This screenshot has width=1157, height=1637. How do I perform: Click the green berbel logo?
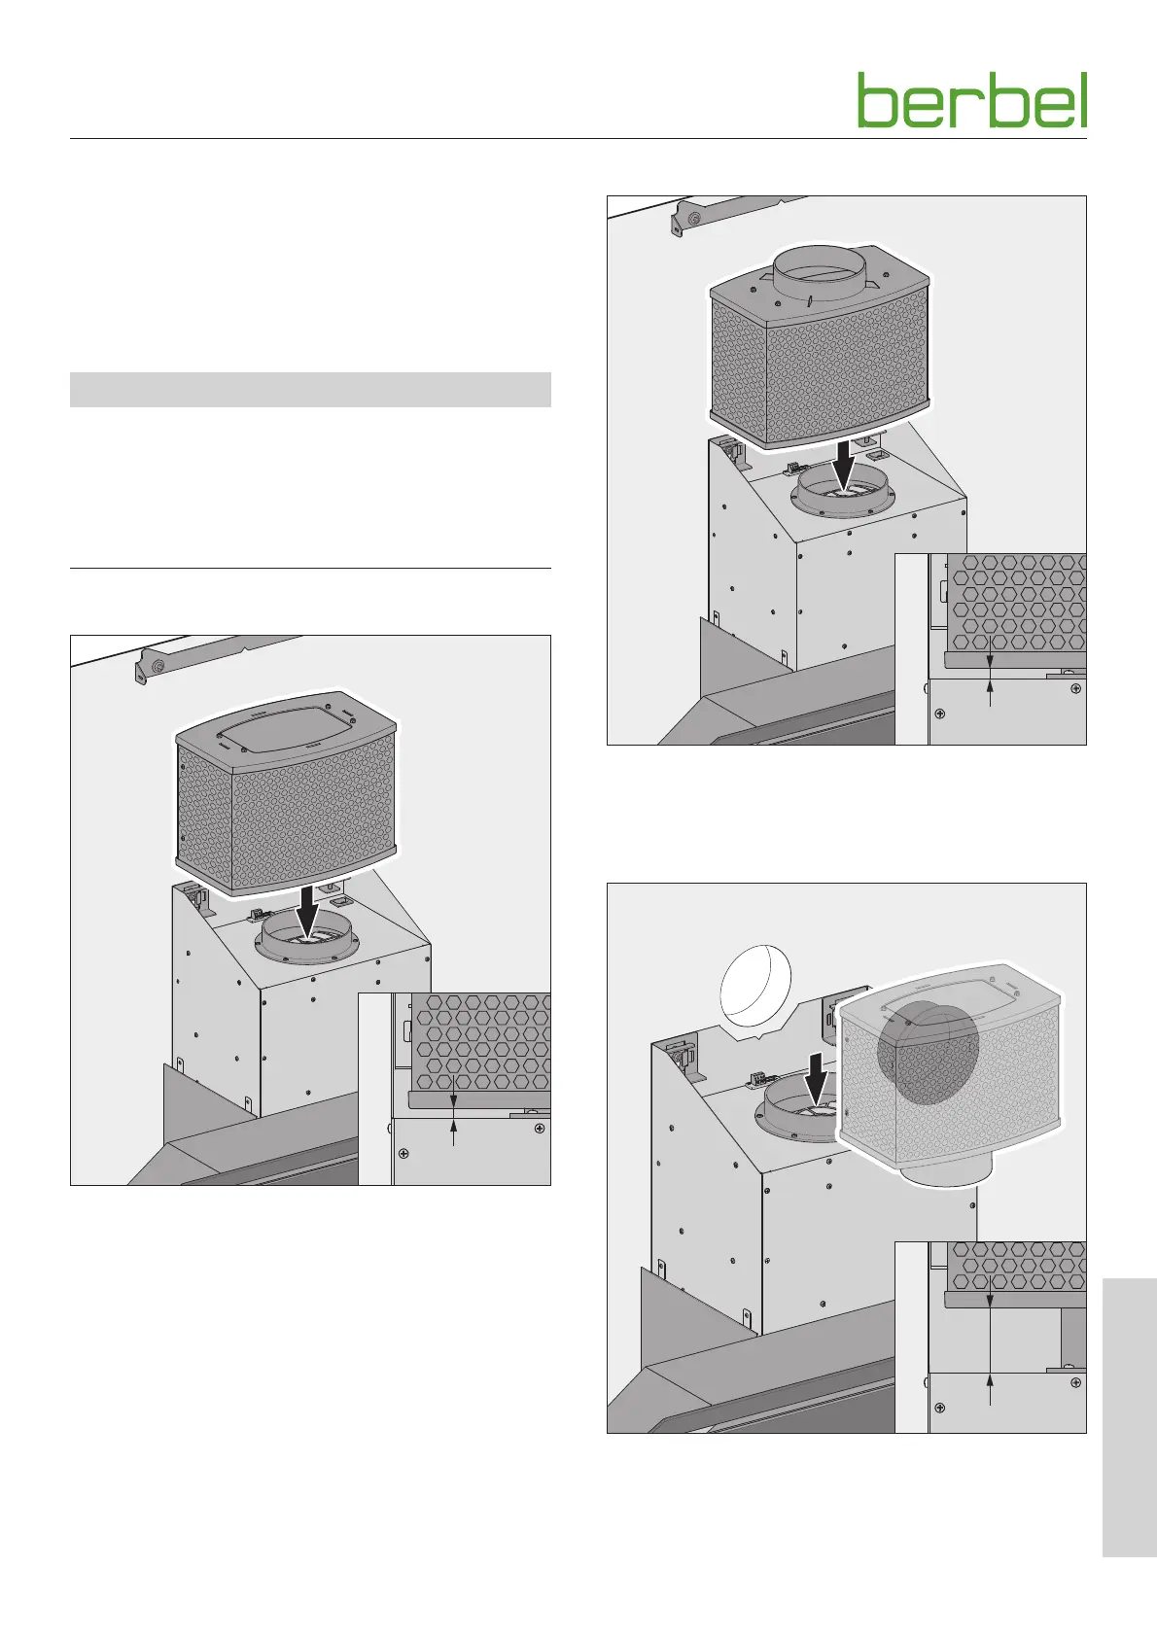pos(971,100)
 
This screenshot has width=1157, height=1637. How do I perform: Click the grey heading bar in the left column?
pos(310,389)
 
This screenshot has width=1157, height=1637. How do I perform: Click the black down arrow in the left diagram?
pos(308,908)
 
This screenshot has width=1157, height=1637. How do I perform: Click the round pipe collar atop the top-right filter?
pos(819,271)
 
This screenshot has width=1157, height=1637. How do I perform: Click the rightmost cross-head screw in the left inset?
pos(539,1129)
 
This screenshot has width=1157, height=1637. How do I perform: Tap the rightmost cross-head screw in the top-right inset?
pos(1074,688)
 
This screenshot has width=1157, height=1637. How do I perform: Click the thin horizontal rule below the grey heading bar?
pos(310,568)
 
